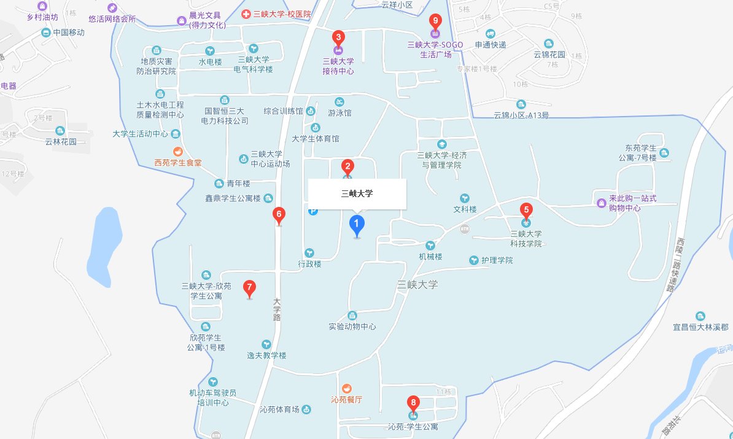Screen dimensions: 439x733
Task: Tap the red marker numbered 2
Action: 347,166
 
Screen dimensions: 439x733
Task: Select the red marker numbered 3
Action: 338,37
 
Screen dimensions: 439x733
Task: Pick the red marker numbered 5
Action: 526,209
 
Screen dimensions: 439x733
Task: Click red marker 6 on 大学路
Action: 279,215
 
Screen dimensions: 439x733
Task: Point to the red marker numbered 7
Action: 249,287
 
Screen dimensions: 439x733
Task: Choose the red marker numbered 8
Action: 413,403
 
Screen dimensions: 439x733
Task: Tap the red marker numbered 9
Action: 435,21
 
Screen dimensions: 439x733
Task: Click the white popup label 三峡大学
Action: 357,194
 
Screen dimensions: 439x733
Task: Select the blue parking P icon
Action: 313,211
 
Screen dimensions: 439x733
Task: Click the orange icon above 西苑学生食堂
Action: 177,152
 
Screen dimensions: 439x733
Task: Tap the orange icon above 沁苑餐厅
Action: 346,388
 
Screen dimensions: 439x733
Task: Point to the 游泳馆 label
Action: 339,113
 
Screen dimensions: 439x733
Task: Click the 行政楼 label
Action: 310,264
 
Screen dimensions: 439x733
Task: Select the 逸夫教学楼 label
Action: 266,355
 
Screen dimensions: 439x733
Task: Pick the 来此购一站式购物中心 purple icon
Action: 601,203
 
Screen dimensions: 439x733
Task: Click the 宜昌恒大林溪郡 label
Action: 700,327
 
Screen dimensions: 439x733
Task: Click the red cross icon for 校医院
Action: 246,14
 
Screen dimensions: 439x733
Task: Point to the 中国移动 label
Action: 68,33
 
